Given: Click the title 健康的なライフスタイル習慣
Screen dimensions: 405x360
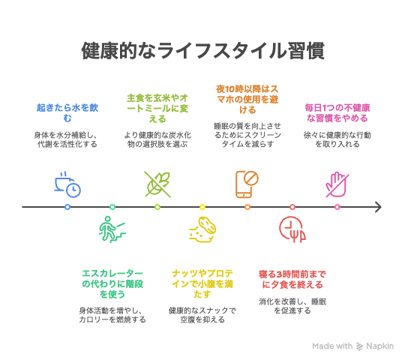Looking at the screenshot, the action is pyautogui.click(x=202, y=50).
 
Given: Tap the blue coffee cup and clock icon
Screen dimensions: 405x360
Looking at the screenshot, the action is pyautogui.click(x=67, y=184).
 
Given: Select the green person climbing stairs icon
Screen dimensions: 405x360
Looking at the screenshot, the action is pyautogui.click(x=112, y=229).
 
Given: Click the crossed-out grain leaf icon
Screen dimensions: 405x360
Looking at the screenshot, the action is pyautogui.click(x=157, y=184).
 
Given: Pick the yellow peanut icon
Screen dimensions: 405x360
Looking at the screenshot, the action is pyautogui.click(x=202, y=229).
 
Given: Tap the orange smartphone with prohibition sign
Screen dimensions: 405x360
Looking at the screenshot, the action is pyautogui.click(x=247, y=184).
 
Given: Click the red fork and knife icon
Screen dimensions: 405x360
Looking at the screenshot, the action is pyautogui.click(x=292, y=229).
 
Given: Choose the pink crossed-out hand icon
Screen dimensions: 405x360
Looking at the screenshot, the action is pyautogui.click(x=337, y=184).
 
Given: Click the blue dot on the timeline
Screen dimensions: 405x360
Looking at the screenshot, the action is pyautogui.click(x=67, y=207).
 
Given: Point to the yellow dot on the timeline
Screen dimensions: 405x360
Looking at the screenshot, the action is pyautogui.click(x=202, y=207).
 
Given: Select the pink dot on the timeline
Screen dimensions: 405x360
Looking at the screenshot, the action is pyautogui.click(x=337, y=207).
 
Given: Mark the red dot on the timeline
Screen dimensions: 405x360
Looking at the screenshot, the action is pyautogui.click(x=292, y=207).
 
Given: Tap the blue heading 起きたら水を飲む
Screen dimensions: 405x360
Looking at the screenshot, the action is pyautogui.click(x=67, y=112).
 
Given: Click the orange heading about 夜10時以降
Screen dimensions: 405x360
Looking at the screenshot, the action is pyautogui.click(x=247, y=99).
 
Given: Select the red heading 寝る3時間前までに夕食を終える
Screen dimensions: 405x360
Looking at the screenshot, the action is pyautogui.click(x=292, y=279).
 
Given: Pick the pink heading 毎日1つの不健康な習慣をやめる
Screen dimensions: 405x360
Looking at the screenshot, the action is pyautogui.click(x=337, y=112).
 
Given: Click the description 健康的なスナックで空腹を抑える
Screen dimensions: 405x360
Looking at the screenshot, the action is pyautogui.click(x=202, y=315).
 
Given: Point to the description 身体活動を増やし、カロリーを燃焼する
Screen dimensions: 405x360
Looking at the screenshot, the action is pyautogui.click(x=112, y=315).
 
